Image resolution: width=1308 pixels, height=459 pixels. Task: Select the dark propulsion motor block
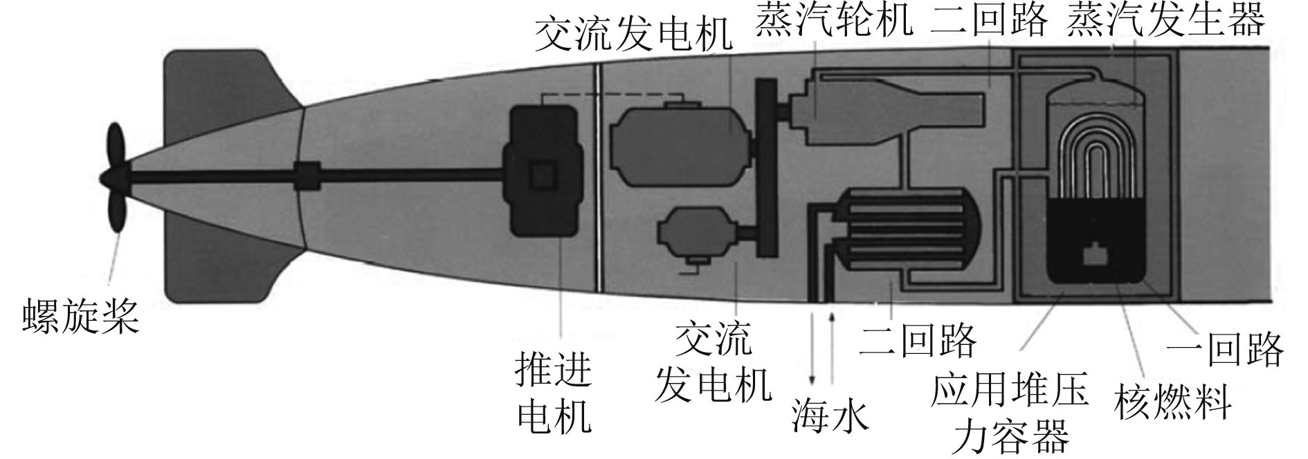click(x=543, y=174)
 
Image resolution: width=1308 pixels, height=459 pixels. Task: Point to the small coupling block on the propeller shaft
click(x=307, y=176)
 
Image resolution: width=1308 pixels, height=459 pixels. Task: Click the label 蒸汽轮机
click(x=833, y=21)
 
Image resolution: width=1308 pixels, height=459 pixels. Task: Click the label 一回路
click(x=1225, y=348)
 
